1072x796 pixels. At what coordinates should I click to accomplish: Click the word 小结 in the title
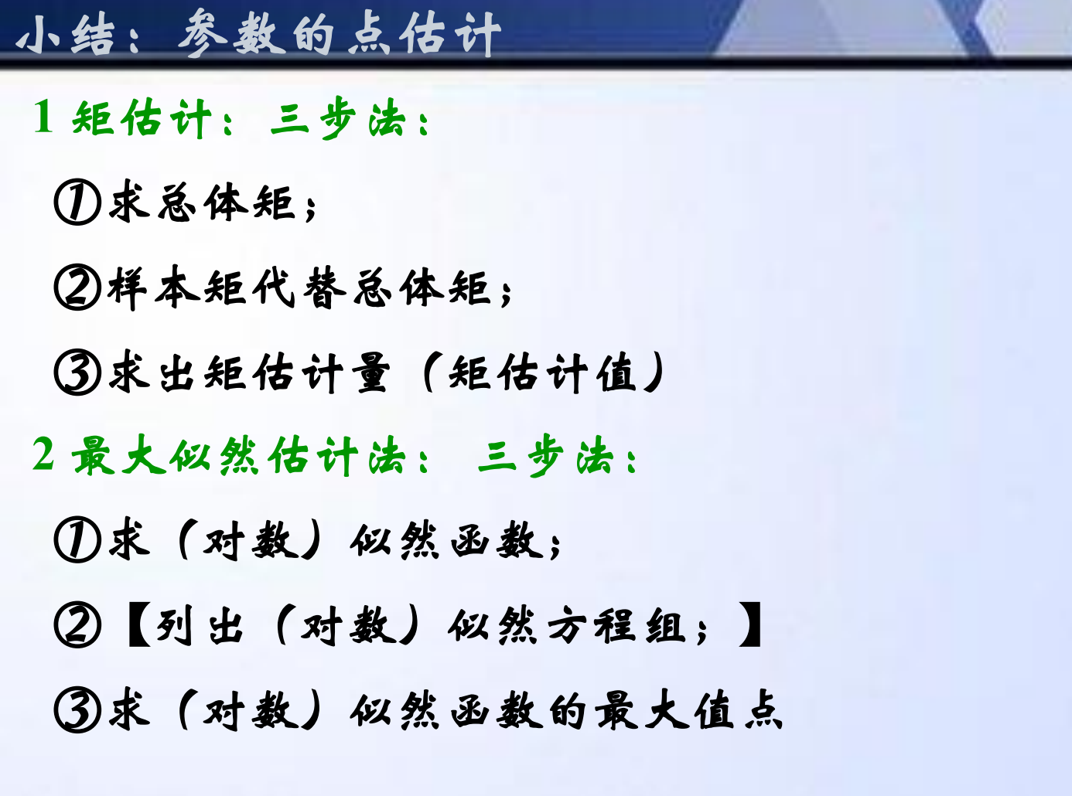coord(66,35)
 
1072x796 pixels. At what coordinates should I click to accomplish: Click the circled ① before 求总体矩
coord(77,202)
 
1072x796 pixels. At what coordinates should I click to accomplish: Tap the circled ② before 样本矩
coord(77,287)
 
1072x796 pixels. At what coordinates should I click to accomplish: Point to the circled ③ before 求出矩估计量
coord(77,372)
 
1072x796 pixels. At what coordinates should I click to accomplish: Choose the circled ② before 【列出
coord(77,624)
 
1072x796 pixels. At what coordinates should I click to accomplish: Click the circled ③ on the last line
coord(77,709)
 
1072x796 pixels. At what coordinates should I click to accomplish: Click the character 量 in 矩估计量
coord(370,372)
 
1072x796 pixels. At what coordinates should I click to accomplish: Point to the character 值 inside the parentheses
coord(616,372)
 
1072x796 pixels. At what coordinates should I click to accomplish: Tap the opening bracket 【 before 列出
coord(138,624)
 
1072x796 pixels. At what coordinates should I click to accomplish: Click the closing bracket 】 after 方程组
coord(750,624)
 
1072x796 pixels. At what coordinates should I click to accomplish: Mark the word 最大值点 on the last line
coord(688,710)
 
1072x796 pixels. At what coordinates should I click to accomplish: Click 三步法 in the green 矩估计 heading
coord(338,117)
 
